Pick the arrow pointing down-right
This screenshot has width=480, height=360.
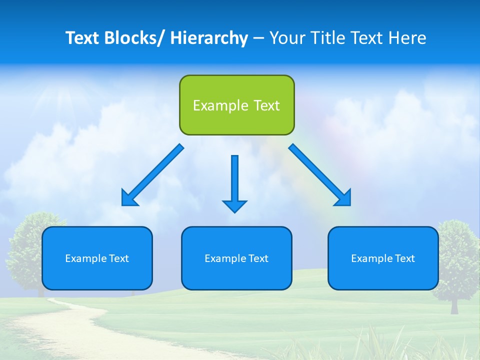[320, 175]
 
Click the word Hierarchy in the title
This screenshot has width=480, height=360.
[209, 38]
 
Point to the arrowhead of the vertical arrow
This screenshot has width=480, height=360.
[234, 205]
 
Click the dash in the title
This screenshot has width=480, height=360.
[258, 38]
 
